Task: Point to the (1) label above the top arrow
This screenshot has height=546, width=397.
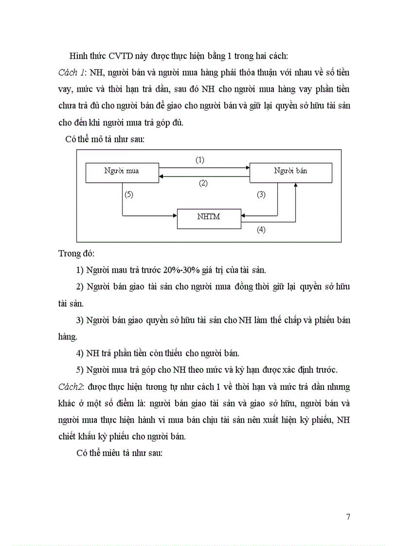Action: click(x=200, y=159)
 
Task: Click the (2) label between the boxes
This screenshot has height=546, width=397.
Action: click(x=203, y=183)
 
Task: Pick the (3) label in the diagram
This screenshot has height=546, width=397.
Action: click(x=261, y=194)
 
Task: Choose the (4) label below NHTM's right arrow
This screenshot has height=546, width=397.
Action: click(x=261, y=230)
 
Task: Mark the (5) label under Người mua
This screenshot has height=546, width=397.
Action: click(x=128, y=194)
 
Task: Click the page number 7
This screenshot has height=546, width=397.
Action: click(x=348, y=517)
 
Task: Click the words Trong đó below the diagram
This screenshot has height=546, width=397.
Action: click(x=76, y=253)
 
